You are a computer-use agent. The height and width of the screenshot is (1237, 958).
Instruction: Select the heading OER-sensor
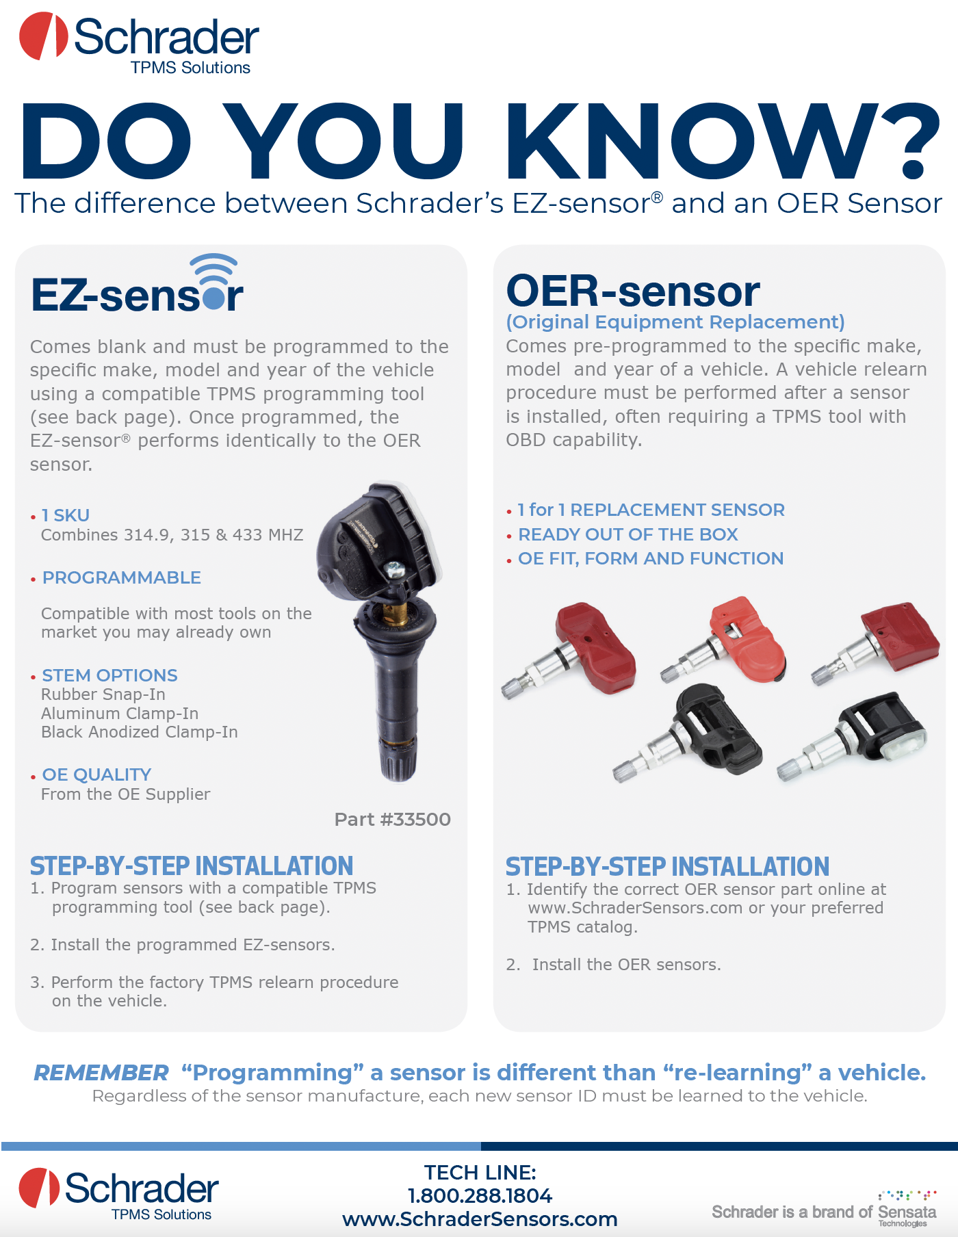tap(633, 291)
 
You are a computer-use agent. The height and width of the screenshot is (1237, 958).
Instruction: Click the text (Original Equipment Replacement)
tap(675, 322)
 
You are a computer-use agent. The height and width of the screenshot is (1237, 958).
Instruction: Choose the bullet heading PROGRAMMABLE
tap(122, 577)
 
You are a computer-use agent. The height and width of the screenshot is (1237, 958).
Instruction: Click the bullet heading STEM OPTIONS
tap(109, 675)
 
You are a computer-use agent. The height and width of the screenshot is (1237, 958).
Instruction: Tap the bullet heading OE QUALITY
tap(96, 774)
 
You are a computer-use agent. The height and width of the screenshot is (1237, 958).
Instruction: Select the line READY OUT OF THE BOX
tap(628, 534)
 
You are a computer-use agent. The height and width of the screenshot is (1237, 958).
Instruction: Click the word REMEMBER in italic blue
tap(101, 1072)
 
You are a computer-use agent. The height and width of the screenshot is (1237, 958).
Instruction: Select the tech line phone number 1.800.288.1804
tap(480, 1195)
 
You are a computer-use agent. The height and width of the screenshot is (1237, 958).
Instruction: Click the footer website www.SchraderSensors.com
tap(480, 1219)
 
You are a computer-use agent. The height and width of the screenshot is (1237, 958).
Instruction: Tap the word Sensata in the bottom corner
tap(907, 1212)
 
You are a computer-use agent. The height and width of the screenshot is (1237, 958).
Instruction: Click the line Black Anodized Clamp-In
tap(140, 732)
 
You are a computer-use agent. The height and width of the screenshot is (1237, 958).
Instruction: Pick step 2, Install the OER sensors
tap(614, 964)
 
